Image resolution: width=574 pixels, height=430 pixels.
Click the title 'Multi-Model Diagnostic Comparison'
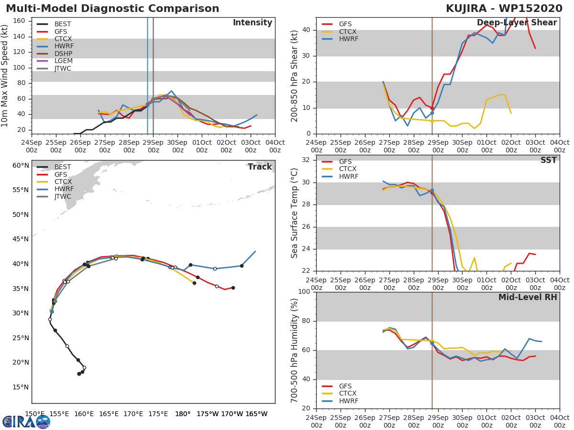[x=112, y=9]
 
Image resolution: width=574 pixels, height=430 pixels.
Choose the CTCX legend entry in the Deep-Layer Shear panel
[x=347, y=32]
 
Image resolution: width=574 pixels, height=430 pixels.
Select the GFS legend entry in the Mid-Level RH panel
[x=345, y=386]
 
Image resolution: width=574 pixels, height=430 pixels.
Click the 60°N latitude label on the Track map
[x=20, y=165]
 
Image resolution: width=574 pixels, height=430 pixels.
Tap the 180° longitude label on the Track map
[x=183, y=414]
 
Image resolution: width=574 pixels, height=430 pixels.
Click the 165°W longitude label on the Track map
[x=256, y=414]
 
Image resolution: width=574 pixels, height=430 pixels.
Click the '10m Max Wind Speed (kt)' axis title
[x=5, y=76]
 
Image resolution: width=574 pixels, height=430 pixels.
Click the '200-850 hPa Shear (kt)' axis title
[x=295, y=76]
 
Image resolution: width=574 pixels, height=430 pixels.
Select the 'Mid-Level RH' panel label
[x=527, y=297]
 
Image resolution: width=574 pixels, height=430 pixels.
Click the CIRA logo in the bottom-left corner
[x=26, y=421]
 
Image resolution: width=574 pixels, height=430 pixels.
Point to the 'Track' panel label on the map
[x=260, y=167]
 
